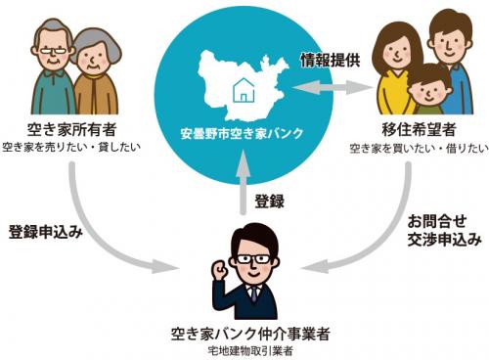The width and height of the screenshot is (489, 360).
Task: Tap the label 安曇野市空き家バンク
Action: pyautogui.click(x=244, y=132)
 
